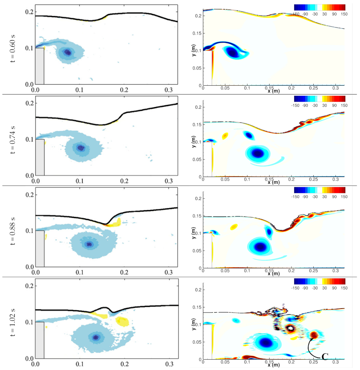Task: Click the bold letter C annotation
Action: [x=325, y=356]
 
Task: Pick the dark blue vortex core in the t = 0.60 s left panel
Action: [x=67, y=52]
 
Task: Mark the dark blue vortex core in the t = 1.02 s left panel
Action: [x=95, y=337]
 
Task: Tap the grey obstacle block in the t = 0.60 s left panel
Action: [x=40, y=66]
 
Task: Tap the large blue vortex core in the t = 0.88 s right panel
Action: [x=261, y=247]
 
